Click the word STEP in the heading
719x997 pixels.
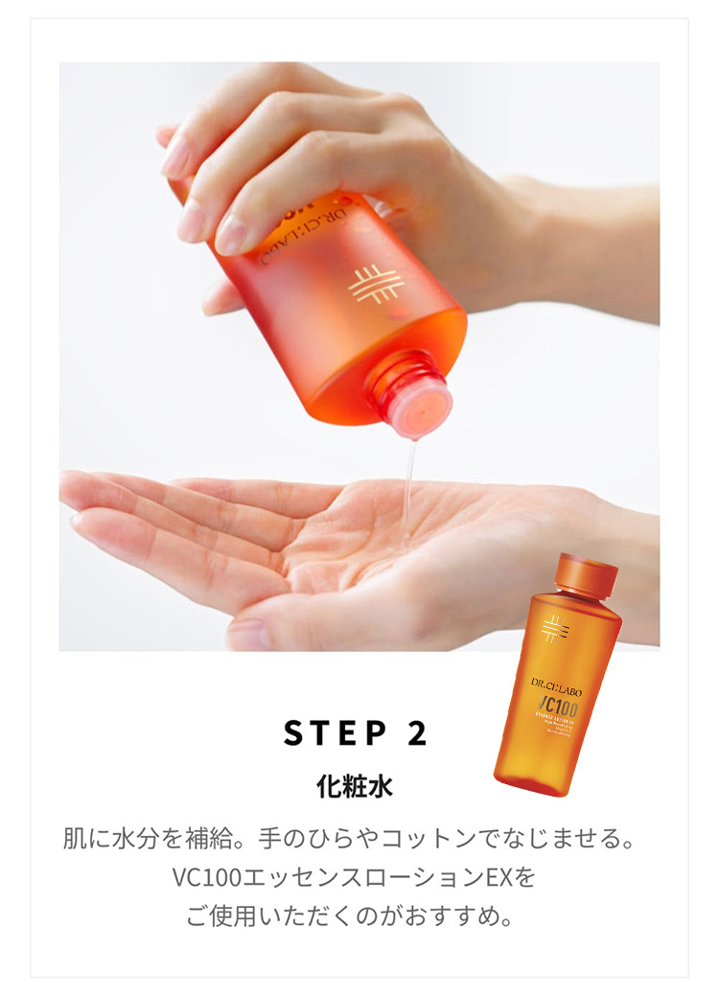tap(330, 733)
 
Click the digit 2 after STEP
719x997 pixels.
tap(417, 733)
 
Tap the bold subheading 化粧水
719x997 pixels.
tap(355, 787)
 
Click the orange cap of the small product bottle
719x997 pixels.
tap(587, 573)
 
